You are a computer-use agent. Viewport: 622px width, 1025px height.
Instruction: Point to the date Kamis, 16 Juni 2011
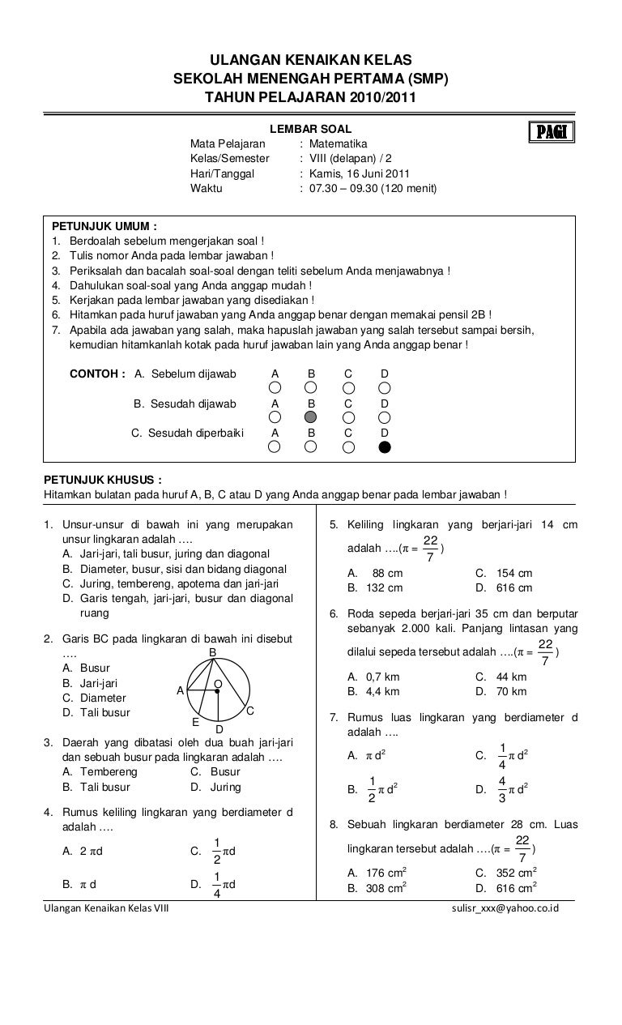click(x=360, y=173)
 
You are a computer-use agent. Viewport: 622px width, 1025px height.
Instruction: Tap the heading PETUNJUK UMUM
click(x=104, y=226)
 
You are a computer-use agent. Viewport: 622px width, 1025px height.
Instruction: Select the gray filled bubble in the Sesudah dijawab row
click(x=311, y=417)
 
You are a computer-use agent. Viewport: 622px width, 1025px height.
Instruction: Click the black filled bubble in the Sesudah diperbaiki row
click(x=385, y=446)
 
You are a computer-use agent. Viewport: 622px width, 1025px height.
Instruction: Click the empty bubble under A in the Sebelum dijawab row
click(x=275, y=387)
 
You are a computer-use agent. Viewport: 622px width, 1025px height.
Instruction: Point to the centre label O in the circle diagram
click(x=218, y=685)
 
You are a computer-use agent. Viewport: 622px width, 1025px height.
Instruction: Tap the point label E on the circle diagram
click(x=195, y=721)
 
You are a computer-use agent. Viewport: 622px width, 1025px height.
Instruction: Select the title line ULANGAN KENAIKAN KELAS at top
click(x=311, y=60)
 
